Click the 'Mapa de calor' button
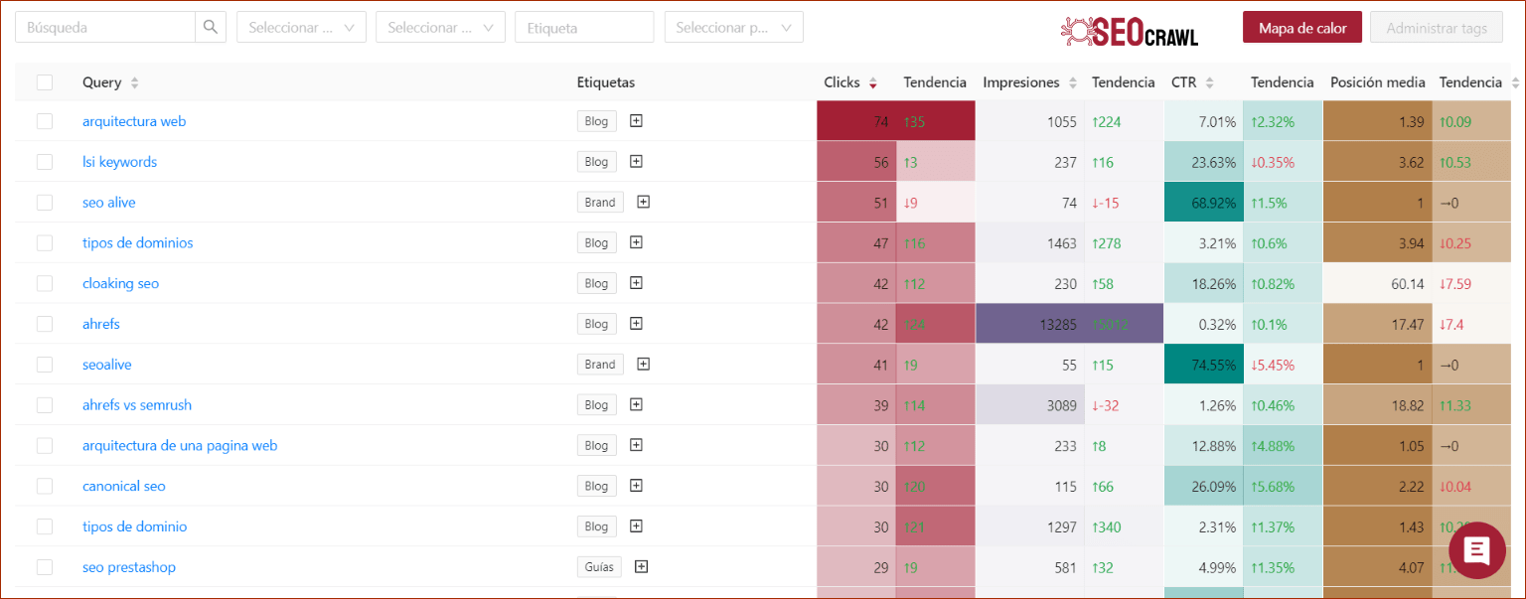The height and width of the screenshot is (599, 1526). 1302,28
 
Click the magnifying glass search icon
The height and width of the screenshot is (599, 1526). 211,28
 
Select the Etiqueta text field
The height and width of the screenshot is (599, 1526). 584,28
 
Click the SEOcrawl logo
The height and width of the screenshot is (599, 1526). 1130,31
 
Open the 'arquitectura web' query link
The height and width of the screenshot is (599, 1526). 134,121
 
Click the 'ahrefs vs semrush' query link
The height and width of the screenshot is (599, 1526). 137,405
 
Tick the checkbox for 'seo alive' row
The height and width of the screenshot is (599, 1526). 45,203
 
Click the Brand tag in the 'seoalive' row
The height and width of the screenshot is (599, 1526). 600,365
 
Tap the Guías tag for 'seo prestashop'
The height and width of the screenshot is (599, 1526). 599,567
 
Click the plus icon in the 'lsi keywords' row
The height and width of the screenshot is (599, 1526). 637,162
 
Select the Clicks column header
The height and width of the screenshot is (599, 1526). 841,82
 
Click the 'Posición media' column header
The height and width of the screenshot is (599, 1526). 1377,82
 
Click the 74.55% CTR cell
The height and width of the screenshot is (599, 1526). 1203,365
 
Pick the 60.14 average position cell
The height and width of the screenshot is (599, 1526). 1377,284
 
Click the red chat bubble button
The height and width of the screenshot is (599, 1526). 1477,550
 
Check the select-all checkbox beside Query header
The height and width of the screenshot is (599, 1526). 45,82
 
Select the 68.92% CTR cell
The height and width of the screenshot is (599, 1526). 1203,203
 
